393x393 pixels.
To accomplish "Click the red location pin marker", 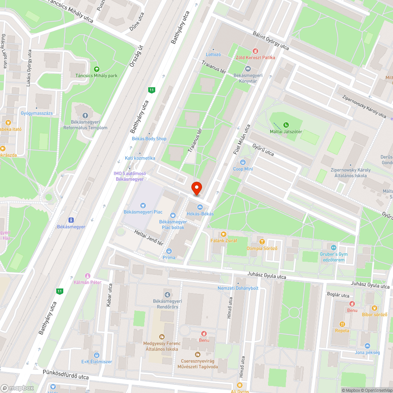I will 196,188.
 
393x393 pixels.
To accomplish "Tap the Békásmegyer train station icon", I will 72,220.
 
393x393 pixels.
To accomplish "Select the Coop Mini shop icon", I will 243,162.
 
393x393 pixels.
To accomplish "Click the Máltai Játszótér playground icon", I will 286,125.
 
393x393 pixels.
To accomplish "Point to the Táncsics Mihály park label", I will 97,75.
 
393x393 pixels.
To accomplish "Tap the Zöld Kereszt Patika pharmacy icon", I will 255,51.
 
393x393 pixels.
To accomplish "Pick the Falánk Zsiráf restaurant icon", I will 224,234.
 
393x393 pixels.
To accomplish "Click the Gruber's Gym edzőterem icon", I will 334,247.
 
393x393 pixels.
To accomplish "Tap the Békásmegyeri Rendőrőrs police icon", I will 168,294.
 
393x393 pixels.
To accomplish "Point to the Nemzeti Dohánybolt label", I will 238,288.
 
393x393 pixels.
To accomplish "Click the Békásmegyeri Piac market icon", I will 143,205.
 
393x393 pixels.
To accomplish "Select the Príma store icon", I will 169,251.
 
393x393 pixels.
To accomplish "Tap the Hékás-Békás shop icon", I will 200,207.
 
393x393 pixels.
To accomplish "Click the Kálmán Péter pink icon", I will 87,275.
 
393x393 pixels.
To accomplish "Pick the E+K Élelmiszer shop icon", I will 97,355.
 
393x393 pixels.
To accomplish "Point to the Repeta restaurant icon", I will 342,324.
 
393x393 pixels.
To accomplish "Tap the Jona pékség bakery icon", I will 367,346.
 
